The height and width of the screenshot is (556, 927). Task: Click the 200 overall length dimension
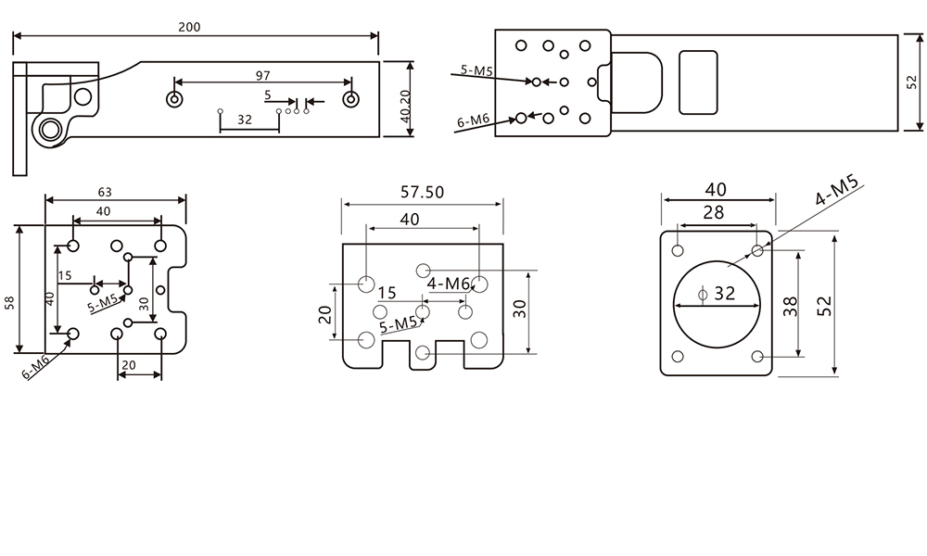click(x=189, y=27)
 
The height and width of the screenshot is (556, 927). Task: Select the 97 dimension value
click(x=262, y=74)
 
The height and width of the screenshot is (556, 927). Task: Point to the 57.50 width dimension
click(x=422, y=193)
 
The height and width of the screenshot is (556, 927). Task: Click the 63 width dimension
click(x=106, y=193)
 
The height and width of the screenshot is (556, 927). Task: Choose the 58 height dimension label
click(x=9, y=302)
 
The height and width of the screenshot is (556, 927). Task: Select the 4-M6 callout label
click(x=449, y=284)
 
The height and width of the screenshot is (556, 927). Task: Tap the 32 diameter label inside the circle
click(x=724, y=294)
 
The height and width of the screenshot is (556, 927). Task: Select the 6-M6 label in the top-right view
click(x=474, y=120)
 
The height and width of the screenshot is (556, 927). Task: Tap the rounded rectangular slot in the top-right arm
click(x=699, y=82)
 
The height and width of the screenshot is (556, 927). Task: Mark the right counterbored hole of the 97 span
click(x=350, y=99)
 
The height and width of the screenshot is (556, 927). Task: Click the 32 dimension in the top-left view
click(x=245, y=120)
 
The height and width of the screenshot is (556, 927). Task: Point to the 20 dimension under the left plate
click(x=129, y=365)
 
